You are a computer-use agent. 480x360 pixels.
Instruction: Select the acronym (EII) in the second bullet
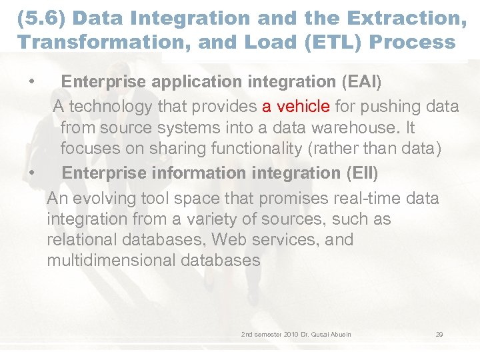pyautogui.click(x=362, y=173)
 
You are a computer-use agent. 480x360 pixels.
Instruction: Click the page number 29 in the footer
pyautogui.click(x=439, y=334)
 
